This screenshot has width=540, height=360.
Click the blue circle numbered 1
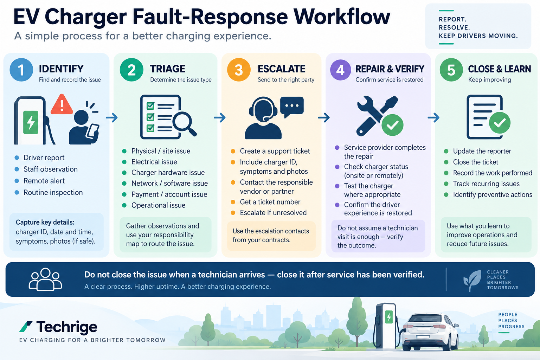[x=21, y=70]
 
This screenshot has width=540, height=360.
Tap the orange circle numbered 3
[x=239, y=70]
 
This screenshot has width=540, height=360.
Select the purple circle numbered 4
[x=340, y=70]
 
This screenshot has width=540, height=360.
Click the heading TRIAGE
[x=168, y=69]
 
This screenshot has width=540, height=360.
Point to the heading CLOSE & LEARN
[x=499, y=69]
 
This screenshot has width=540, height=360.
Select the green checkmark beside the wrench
[x=392, y=125]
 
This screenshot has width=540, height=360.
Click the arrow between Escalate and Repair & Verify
[x=324, y=118]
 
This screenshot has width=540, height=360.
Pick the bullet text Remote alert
[x=44, y=181]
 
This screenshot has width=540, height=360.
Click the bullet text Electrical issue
[x=154, y=162]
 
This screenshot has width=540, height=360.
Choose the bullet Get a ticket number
[x=270, y=202]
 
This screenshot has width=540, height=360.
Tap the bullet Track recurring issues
[x=486, y=184]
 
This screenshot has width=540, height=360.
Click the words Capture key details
[x=45, y=222]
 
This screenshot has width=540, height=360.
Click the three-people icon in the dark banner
[x=45, y=279]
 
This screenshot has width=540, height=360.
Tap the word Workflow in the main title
[x=342, y=17]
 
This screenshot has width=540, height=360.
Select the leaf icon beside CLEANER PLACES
[x=472, y=280]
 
